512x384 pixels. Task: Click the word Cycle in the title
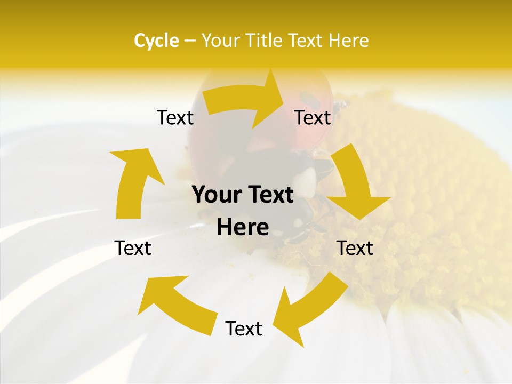coord(156,41)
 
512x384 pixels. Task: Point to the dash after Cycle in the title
coord(189,41)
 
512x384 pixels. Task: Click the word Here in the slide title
coord(348,41)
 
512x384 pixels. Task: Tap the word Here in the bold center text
coord(243,228)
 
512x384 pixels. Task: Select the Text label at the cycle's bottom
coord(244,329)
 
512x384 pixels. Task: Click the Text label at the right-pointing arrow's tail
coord(175,117)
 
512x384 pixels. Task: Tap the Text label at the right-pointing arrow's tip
coord(313,117)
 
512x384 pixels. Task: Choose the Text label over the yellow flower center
coord(355,248)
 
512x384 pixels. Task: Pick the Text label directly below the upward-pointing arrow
coord(133,248)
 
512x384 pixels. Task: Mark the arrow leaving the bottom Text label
coord(176,304)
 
